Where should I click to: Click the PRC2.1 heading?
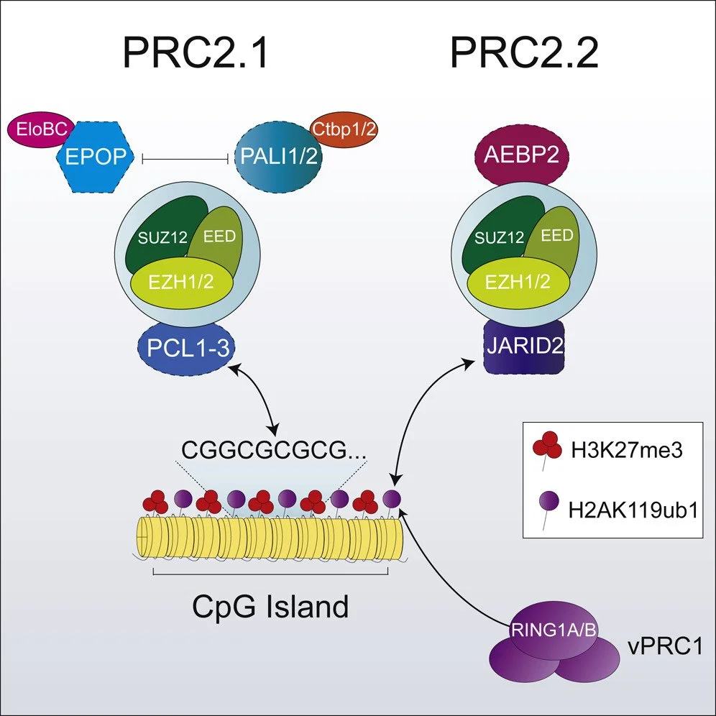click(x=196, y=53)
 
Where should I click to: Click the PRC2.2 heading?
click(x=525, y=53)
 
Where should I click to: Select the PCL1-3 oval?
click(x=187, y=351)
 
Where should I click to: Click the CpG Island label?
click(x=270, y=607)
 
